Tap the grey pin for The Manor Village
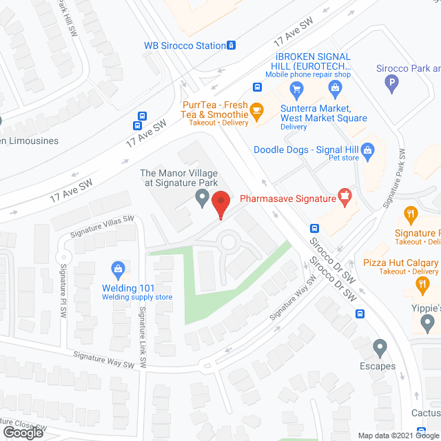point(202,199)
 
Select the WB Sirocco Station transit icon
point(232,45)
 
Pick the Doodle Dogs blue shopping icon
point(367,149)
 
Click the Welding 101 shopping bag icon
point(118,267)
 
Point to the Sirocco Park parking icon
point(392,85)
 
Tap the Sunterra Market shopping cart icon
point(297,88)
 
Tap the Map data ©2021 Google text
point(397,435)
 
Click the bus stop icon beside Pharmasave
point(314,228)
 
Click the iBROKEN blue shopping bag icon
point(335,87)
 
